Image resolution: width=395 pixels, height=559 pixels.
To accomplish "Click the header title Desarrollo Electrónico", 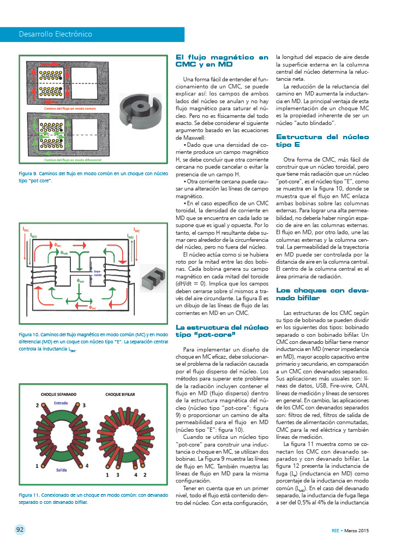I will [56, 34].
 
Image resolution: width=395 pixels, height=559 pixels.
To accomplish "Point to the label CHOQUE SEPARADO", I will [58, 394].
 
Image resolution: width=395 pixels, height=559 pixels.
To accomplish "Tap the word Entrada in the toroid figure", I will [61, 403].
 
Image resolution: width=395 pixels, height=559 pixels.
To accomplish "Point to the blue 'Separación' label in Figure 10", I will [98, 272].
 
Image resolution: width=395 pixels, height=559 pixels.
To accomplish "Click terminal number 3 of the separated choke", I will [85, 406].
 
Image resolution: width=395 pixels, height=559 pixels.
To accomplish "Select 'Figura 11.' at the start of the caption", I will [29, 495].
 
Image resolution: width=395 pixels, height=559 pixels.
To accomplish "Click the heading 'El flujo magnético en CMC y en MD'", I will [222, 60].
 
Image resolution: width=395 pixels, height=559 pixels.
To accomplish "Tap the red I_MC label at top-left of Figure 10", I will [26, 230].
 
